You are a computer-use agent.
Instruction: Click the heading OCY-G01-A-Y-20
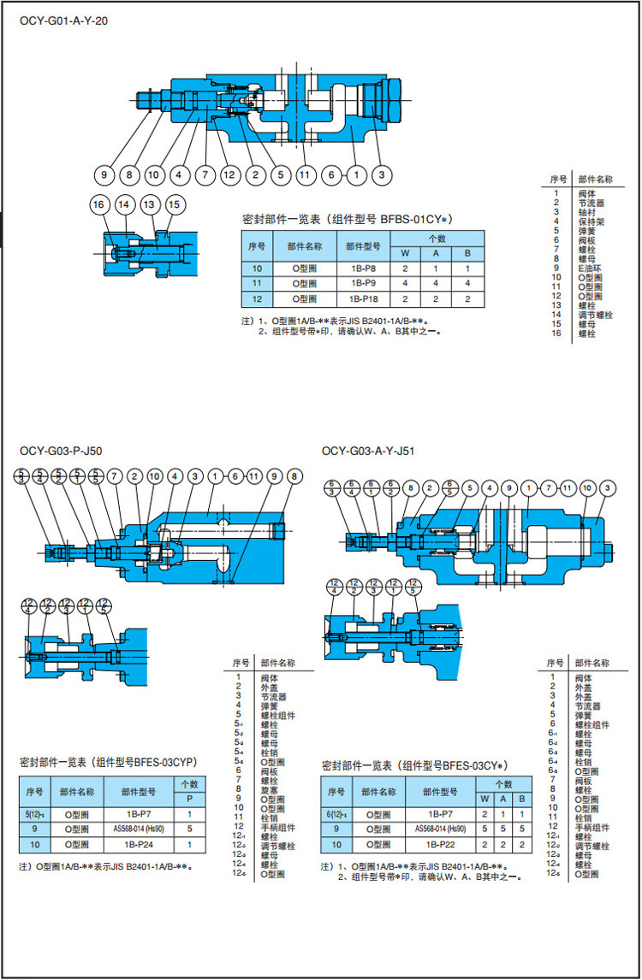(63, 21)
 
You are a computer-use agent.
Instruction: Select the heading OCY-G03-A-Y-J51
(368, 451)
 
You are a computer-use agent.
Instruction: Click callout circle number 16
(100, 204)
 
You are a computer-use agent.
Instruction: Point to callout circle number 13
(150, 204)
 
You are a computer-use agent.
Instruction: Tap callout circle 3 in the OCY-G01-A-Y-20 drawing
(383, 175)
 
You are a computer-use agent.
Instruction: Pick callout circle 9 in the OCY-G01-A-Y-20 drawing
(104, 175)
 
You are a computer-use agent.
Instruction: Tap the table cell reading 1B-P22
(439, 844)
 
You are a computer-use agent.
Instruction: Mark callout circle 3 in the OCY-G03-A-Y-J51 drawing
(607, 487)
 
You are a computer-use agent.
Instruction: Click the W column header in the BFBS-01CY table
(405, 253)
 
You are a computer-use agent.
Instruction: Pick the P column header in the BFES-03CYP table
(188, 798)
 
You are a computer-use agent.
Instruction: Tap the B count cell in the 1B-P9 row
(467, 283)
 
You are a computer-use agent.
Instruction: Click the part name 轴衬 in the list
(587, 212)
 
